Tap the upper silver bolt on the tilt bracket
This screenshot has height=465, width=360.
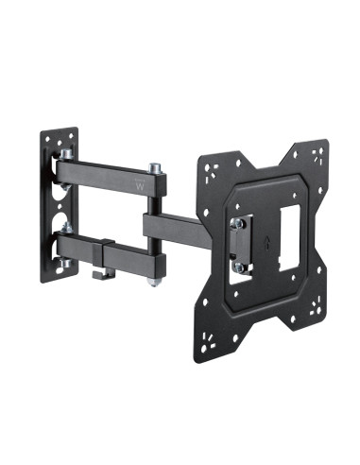(x=240, y=223)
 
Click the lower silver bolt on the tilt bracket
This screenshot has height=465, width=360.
(x=240, y=267)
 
